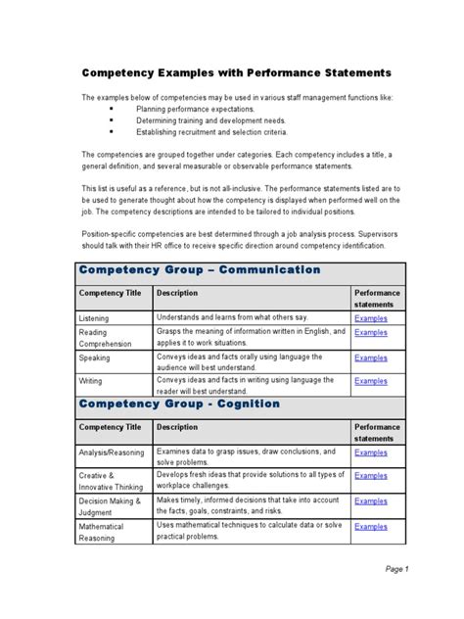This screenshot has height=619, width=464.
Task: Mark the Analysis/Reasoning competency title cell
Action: [x=111, y=453]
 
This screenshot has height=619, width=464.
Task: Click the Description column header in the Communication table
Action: [x=177, y=293]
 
